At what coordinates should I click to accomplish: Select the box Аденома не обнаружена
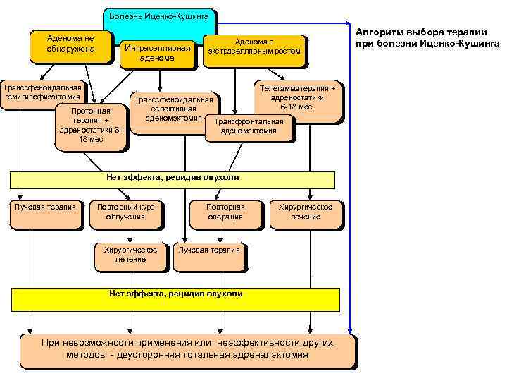(70, 46)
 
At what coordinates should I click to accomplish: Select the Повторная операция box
(225, 212)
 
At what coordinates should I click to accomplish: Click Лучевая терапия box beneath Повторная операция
(209, 256)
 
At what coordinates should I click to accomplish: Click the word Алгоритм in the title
(379, 32)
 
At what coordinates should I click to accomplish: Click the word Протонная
(91, 111)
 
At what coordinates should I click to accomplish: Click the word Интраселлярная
(157, 48)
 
